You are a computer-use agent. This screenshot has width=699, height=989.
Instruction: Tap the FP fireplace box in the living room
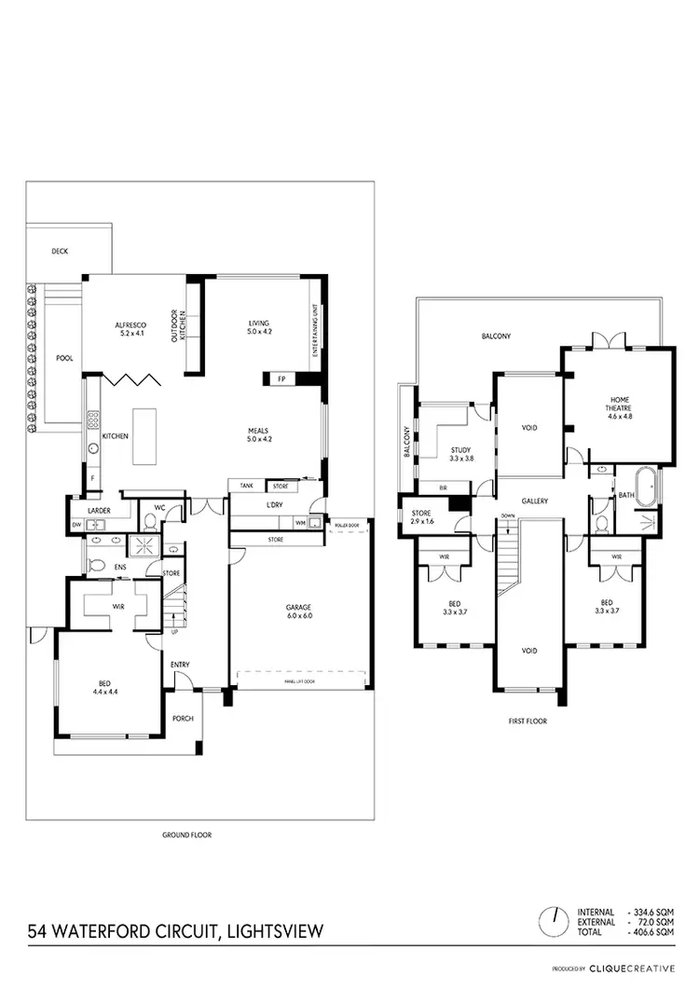pos(281,378)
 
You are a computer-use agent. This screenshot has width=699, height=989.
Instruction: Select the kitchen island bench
pos(146,435)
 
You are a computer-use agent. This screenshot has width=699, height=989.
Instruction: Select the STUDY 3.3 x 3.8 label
pos(460,454)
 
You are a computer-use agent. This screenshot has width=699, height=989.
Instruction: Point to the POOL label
pos(63,357)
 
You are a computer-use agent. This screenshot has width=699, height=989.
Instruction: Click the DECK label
pos(61,251)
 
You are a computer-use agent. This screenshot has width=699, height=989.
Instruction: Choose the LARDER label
pos(100,511)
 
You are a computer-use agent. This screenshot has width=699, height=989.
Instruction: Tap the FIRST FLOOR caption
pos(528,721)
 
